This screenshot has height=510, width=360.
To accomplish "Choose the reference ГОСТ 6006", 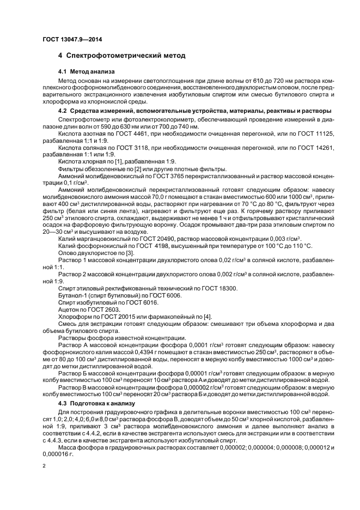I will point(162,295).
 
